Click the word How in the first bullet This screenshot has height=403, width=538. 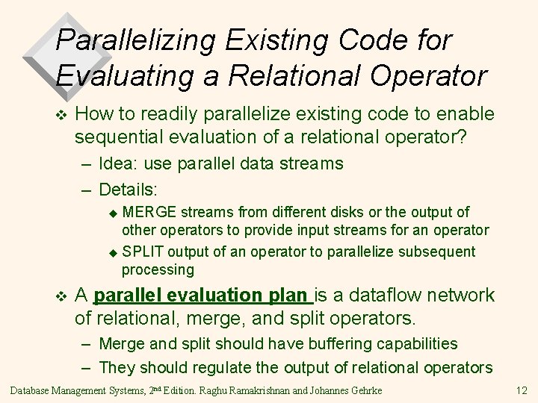(93, 113)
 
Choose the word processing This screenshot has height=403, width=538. (157, 269)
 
